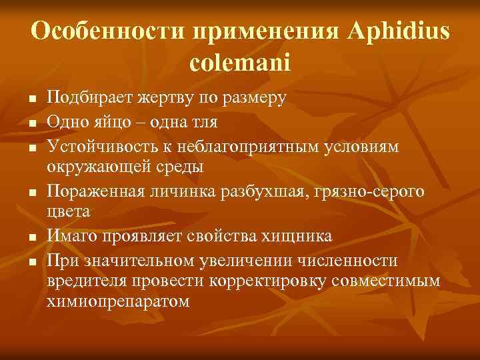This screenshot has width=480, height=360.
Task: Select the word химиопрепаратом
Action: (x=118, y=301)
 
